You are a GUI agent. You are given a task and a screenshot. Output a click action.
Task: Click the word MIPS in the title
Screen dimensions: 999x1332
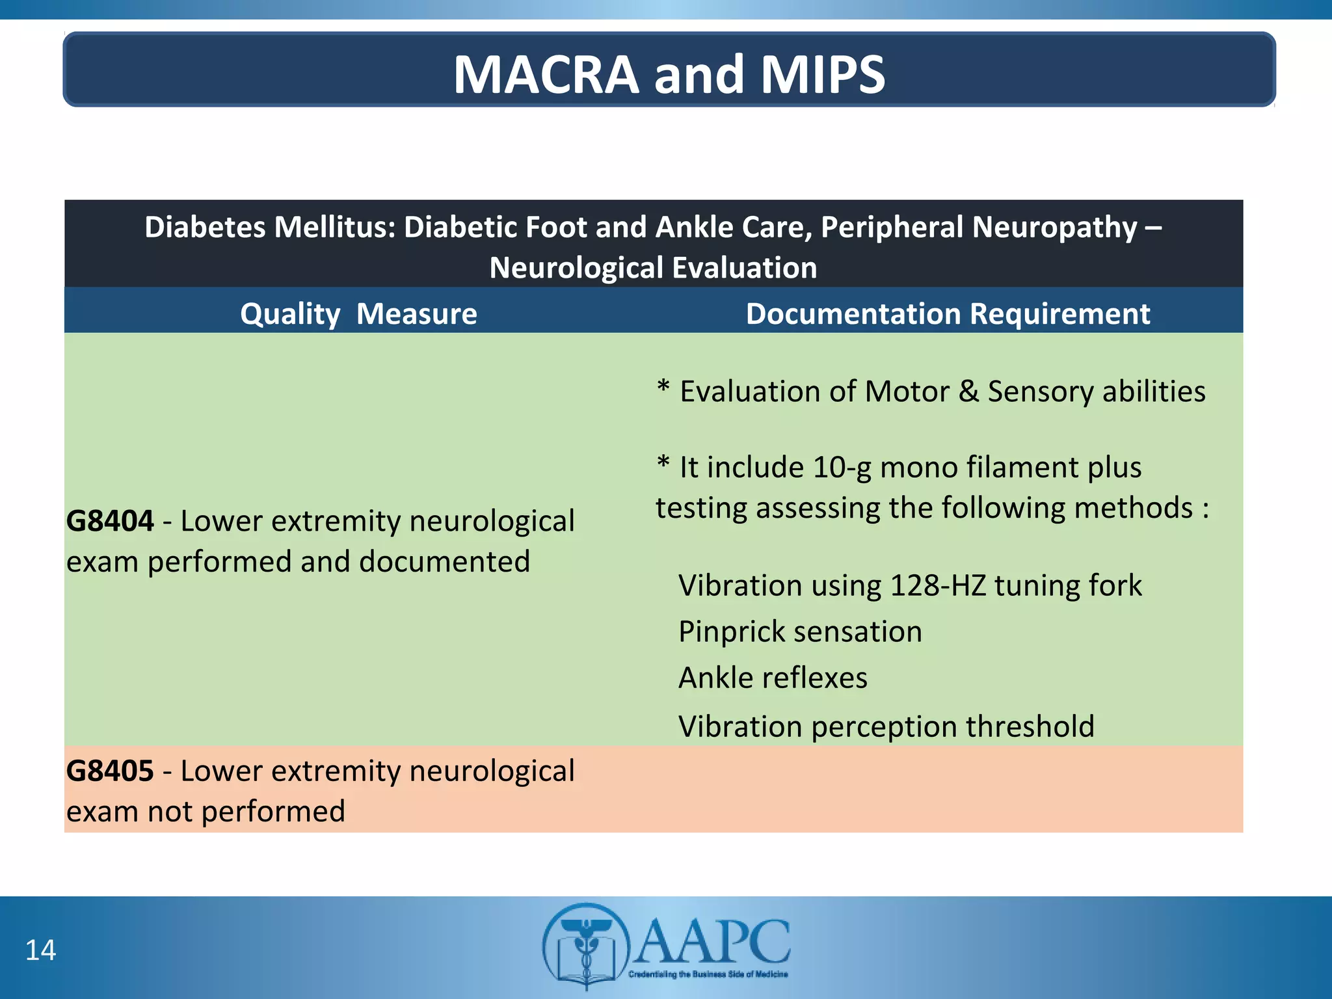(x=822, y=75)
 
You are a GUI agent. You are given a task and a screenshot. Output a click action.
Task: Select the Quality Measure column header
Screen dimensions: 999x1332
(x=358, y=314)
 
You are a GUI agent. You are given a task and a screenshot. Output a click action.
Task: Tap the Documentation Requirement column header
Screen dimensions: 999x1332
(x=948, y=314)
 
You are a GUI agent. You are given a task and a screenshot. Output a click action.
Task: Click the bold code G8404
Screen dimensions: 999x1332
(x=110, y=521)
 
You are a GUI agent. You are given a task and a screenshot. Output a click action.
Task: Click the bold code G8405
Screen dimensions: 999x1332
(x=110, y=771)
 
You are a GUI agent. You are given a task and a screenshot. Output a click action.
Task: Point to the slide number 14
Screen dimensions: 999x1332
(x=40, y=950)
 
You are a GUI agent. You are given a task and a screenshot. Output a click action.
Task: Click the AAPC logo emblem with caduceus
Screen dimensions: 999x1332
(x=586, y=946)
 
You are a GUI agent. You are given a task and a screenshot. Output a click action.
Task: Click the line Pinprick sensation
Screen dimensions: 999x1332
(x=800, y=632)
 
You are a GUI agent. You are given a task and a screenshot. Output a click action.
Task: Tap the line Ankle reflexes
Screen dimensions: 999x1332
(x=773, y=678)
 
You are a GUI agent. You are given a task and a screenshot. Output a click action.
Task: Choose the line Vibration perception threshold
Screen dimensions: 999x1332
(x=886, y=726)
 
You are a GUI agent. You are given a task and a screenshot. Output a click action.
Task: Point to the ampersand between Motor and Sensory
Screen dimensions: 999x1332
(x=968, y=392)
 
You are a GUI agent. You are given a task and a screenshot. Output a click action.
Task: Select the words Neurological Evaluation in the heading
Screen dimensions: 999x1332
(x=653, y=268)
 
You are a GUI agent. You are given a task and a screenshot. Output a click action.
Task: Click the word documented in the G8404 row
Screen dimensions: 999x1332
(x=444, y=562)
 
